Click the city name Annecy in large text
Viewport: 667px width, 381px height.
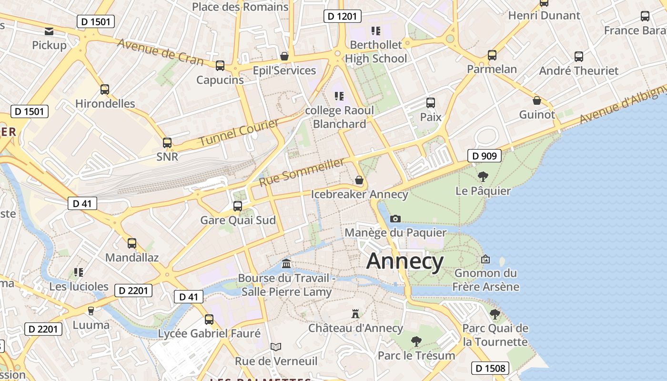point(405,261)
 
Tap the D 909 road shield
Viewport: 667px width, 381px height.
point(485,156)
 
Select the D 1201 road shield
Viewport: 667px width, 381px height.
point(343,16)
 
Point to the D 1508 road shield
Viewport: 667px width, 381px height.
point(491,368)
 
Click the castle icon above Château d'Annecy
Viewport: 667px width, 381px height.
point(355,313)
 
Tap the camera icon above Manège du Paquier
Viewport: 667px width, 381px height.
point(395,219)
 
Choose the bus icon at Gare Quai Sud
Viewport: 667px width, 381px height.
point(237,206)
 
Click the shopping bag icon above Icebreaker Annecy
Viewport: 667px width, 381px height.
point(359,180)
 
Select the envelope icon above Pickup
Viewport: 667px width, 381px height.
point(49,31)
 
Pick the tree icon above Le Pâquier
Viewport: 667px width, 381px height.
point(483,177)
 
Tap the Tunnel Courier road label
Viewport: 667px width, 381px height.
point(239,133)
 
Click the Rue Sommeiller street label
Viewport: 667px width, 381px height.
point(302,172)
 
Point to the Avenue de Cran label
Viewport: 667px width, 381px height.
point(160,51)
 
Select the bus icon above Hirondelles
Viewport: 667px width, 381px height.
point(105,89)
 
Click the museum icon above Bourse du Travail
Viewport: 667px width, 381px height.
point(286,264)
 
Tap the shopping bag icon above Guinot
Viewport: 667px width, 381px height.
point(537,100)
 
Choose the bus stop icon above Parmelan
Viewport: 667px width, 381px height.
point(492,55)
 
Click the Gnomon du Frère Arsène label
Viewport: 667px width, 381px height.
point(485,280)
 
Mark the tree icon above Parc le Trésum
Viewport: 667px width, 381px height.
point(416,341)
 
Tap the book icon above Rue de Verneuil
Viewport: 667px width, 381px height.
point(276,347)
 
